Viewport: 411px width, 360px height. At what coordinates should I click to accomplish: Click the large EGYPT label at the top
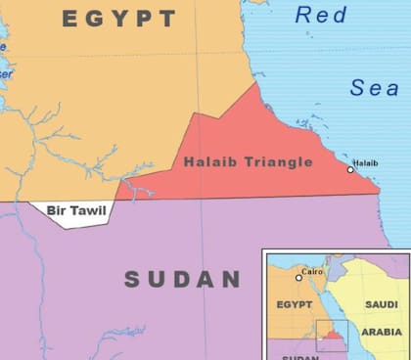pos(120,19)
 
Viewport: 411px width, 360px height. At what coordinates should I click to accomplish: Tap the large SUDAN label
pos(182,280)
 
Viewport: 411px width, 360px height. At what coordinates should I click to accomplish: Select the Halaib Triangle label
pos(248,162)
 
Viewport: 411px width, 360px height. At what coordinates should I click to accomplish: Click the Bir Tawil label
pos(77,209)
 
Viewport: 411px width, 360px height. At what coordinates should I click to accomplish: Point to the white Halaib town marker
pos(350,170)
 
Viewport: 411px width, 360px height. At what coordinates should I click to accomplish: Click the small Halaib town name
pos(364,161)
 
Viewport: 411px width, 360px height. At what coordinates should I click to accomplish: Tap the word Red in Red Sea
pos(322,15)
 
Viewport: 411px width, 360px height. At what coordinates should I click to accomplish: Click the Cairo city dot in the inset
pos(299,278)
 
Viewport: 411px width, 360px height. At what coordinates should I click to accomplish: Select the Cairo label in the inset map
pos(312,271)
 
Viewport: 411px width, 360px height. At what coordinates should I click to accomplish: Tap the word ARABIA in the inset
pos(382,331)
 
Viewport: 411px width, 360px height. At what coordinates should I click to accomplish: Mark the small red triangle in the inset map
pos(332,336)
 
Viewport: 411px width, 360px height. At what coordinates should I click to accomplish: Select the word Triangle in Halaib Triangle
pos(278,162)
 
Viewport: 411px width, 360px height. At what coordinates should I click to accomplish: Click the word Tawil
pos(92,209)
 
